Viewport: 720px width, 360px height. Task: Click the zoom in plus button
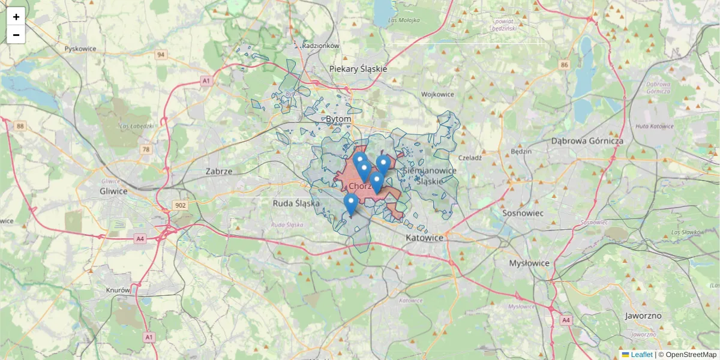[x=16, y=17]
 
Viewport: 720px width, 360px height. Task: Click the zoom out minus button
[x=16, y=35]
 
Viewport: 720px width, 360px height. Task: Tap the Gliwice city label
[x=113, y=191]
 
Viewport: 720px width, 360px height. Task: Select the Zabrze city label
[x=218, y=171]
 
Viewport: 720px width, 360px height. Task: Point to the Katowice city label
[x=424, y=238]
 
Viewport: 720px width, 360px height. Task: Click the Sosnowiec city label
[x=523, y=213]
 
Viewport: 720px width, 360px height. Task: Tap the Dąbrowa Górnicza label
[x=587, y=140]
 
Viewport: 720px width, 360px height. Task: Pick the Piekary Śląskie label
[x=358, y=69]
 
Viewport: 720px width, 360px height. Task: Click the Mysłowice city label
[x=529, y=263]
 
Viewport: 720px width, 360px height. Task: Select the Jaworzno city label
[x=643, y=316]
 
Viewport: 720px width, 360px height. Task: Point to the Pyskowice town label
[x=80, y=49]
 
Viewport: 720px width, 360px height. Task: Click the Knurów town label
[x=118, y=290]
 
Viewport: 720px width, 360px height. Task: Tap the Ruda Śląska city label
[x=295, y=203]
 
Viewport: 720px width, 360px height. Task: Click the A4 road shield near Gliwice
[x=140, y=239]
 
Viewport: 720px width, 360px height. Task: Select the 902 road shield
[x=181, y=205]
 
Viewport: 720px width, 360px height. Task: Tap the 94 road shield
[x=160, y=55]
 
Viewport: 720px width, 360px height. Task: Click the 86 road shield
[x=563, y=64]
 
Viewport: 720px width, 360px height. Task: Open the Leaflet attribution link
[x=641, y=355]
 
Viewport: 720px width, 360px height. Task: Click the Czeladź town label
[x=470, y=158]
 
